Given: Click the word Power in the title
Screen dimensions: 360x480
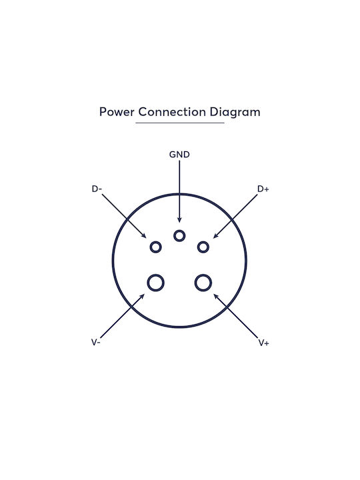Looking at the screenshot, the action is coord(117,112).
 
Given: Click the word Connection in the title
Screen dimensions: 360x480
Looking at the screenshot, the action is coord(172,112).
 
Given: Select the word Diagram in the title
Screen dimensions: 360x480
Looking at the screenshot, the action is coord(235,113).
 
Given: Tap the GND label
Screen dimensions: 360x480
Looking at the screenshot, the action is coord(179,154).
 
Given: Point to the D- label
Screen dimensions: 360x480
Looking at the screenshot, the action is coord(97,189).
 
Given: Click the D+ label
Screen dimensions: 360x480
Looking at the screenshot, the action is coord(263,189).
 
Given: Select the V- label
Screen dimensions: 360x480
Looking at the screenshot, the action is coord(95,342).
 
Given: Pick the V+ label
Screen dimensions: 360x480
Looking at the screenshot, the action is coord(263,343).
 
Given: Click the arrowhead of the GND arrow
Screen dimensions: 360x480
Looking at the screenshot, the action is coord(179,220).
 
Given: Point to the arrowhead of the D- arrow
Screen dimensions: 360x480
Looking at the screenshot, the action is coord(143,235).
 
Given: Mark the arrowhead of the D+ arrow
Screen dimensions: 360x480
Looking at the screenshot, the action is coord(216,235).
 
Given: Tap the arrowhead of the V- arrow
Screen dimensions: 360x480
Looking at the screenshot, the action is coord(142,296).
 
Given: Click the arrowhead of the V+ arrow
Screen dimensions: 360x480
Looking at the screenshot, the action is coord(216,296).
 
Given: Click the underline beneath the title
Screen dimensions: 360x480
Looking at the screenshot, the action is coord(180,123).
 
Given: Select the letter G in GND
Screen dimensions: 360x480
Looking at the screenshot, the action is coord(173,154).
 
